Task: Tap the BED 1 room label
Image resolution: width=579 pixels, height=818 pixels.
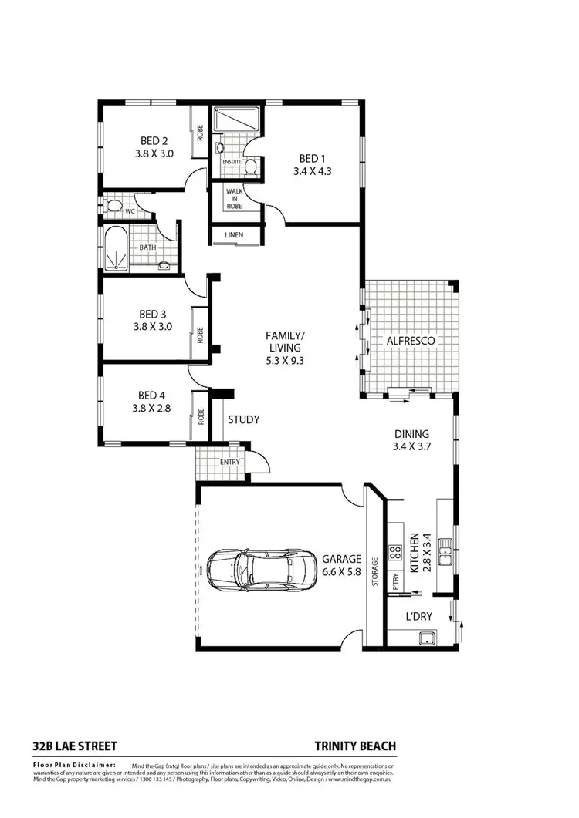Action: pyautogui.click(x=312, y=160)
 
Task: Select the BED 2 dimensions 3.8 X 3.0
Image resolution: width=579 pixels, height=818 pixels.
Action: pyautogui.click(x=154, y=153)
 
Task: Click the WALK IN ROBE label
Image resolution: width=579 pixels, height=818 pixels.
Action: pyautogui.click(x=235, y=197)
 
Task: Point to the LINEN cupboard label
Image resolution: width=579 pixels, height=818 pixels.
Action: pyautogui.click(x=235, y=234)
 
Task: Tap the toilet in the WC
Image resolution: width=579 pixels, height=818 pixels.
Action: pyautogui.click(x=113, y=206)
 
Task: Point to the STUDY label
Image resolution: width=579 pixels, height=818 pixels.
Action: pyautogui.click(x=243, y=420)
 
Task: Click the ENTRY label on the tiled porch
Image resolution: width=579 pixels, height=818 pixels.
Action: pyautogui.click(x=231, y=462)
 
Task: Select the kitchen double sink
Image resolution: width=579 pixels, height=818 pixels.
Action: pyautogui.click(x=444, y=550)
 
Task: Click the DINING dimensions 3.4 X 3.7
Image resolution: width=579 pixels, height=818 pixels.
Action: pyautogui.click(x=410, y=446)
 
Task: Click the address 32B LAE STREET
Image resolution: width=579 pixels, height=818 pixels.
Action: pyautogui.click(x=75, y=746)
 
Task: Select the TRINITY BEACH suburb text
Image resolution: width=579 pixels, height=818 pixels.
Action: pyautogui.click(x=355, y=746)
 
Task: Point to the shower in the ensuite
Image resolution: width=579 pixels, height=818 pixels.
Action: pyautogui.click(x=238, y=119)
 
